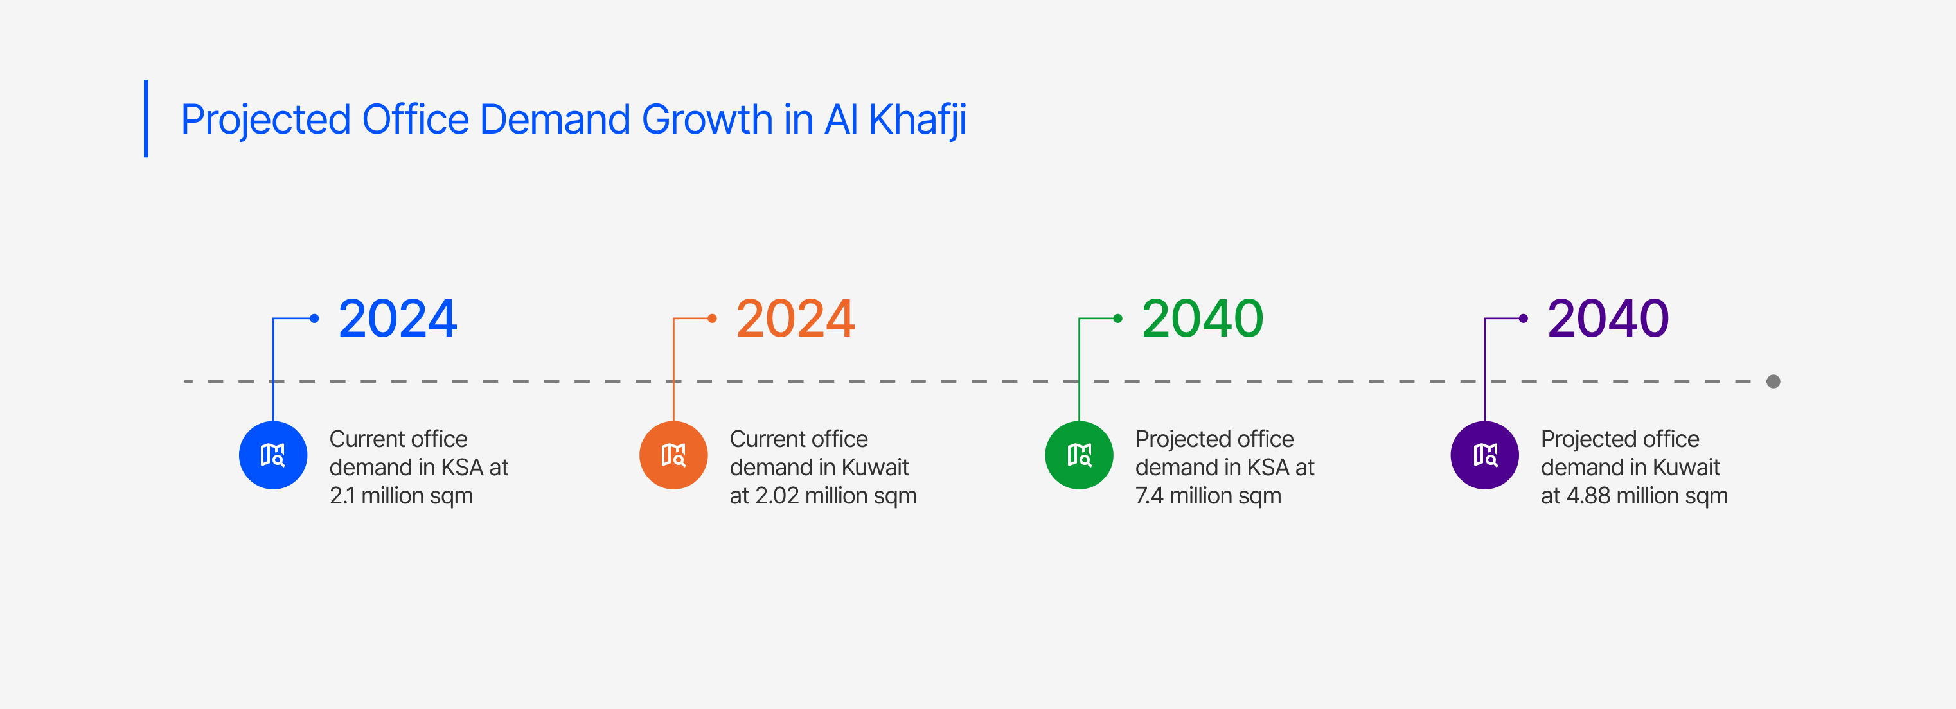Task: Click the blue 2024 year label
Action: (x=398, y=318)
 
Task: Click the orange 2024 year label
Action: (x=796, y=318)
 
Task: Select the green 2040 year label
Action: (x=1203, y=318)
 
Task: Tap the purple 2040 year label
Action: (x=1608, y=318)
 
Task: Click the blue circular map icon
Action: (x=273, y=455)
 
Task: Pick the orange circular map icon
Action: (x=673, y=455)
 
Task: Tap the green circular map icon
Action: (x=1079, y=455)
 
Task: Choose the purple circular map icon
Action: (x=1484, y=455)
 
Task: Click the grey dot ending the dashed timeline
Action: (x=1773, y=381)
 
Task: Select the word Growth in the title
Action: (x=707, y=119)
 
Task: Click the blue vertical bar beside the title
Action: (x=146, y=118)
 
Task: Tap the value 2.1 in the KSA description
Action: (x=342, y=496)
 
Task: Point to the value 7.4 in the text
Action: (x=1149, y=496)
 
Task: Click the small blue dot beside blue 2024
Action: (x=314, y=318)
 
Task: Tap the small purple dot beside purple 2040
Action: (x=1523, y=318)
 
